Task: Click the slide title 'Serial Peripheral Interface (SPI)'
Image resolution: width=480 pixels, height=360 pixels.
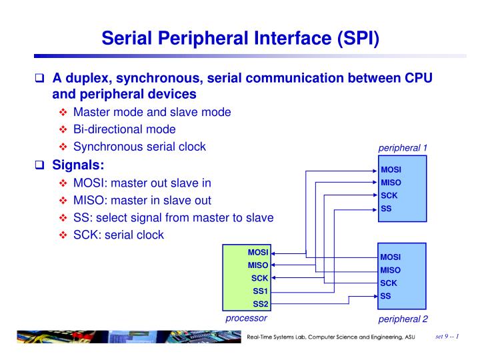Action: (x=240, y=35)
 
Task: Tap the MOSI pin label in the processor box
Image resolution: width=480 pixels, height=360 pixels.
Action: (x=257, y=253)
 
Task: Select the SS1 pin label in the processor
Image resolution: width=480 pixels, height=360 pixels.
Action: (x=259, y=291)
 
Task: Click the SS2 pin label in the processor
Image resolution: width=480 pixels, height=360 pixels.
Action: (x=259, y=303)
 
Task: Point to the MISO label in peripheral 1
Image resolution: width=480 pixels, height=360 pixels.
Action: (x=391, y=182)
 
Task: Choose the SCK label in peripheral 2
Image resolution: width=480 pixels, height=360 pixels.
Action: (x=389, y=283)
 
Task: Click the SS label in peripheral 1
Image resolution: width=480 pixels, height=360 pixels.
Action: (x=386, y=208)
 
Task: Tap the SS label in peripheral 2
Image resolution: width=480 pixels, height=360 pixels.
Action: (x=386, y=296)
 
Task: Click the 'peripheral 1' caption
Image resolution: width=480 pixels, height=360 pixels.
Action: (x=403, y=147)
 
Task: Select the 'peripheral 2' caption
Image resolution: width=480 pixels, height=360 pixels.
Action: (x=403, y=319)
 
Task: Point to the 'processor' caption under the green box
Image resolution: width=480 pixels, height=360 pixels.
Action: (x=247, y=319)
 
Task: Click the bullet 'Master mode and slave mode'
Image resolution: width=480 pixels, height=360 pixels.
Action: (x=152, y=111)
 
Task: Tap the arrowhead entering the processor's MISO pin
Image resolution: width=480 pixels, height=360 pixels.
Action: (x=274, y=265)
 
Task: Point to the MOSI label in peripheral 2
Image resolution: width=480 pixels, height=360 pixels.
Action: (x=391, y=257)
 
